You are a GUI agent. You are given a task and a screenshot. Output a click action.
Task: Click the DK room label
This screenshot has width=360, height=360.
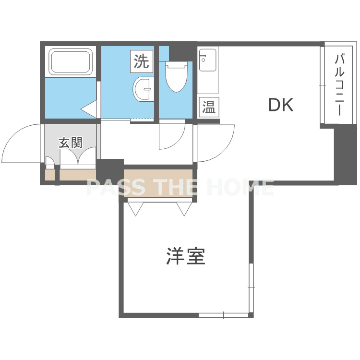(x=281, y=105)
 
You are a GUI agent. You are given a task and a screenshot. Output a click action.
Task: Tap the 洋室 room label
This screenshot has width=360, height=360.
(x=185, y=256)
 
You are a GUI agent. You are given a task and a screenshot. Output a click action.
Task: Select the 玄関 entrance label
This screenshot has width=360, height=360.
(x=71, y=143)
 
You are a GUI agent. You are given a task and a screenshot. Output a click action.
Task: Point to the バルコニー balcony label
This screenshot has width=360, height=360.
(x=339, y=84)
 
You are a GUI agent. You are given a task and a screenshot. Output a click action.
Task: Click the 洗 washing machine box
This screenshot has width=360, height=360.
(x=142, y=61)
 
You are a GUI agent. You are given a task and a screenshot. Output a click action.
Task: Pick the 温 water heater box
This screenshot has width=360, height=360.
(x=209, y=107)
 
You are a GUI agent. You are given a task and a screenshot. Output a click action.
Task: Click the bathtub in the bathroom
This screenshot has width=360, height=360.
(x=70, y=61)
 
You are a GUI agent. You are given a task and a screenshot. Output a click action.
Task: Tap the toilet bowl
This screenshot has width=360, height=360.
(x=176, y=76)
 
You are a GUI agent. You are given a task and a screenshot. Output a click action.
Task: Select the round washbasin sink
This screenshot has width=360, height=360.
(x=144, y=89)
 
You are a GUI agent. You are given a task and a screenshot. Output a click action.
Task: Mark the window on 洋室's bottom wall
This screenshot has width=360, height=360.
(x=223, y=315)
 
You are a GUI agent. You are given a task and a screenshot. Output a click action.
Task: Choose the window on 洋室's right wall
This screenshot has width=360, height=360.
(x=251, y=288)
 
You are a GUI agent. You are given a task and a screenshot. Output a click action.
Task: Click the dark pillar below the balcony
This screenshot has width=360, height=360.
(x=345, y=154)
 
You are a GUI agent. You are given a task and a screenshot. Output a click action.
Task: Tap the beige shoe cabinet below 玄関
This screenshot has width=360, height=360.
(x=71, y=175)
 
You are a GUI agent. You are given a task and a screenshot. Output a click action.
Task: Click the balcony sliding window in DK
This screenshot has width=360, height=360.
(x=323, y=85)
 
